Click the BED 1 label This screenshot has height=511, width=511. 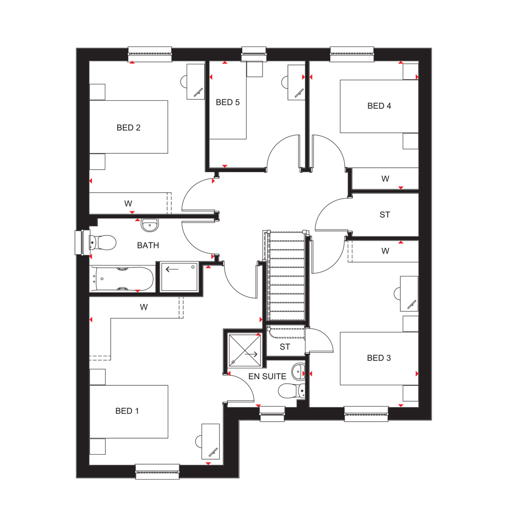127,411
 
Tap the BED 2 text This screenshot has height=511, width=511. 128,128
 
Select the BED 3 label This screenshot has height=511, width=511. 379,358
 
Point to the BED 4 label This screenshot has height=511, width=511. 379,106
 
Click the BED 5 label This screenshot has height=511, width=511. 228,102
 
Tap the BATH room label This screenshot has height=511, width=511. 148,246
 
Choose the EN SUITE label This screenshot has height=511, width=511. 267,376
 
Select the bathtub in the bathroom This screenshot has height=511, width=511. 122,279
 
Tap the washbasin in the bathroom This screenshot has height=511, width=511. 150,225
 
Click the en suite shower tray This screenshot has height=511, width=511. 245,350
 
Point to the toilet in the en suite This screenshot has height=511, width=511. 292,390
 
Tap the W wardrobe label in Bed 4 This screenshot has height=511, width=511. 385,179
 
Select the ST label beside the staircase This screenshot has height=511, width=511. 284,347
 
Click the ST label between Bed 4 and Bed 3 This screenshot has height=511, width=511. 385,215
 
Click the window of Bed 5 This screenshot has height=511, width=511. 254,54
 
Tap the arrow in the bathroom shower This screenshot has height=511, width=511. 172,269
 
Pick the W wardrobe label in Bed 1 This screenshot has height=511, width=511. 144,307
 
